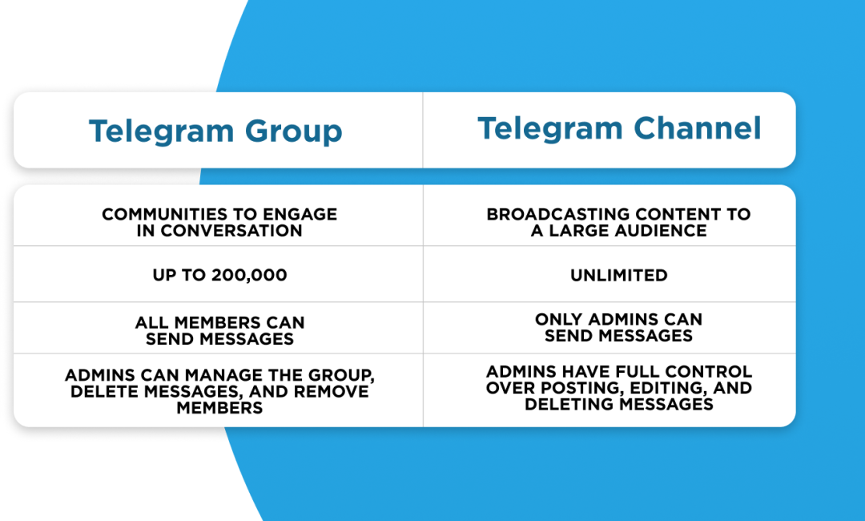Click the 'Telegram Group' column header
click(x=215, y=131)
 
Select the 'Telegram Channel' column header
click(x=619, y=128)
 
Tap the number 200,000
click(x=249, y=275)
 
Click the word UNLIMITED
click(x=619, y=275)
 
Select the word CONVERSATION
click(x=231, y=231)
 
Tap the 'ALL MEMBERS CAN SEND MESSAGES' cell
click(x=219, y=330)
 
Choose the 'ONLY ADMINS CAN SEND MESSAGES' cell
click(x=618, y=327)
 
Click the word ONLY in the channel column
click(x=559, y=319)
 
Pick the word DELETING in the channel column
click(x=569, y=405)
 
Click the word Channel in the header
click(x=698, y=128)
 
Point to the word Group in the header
click(x=293, y=132)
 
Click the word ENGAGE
click(x=300, y=214)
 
